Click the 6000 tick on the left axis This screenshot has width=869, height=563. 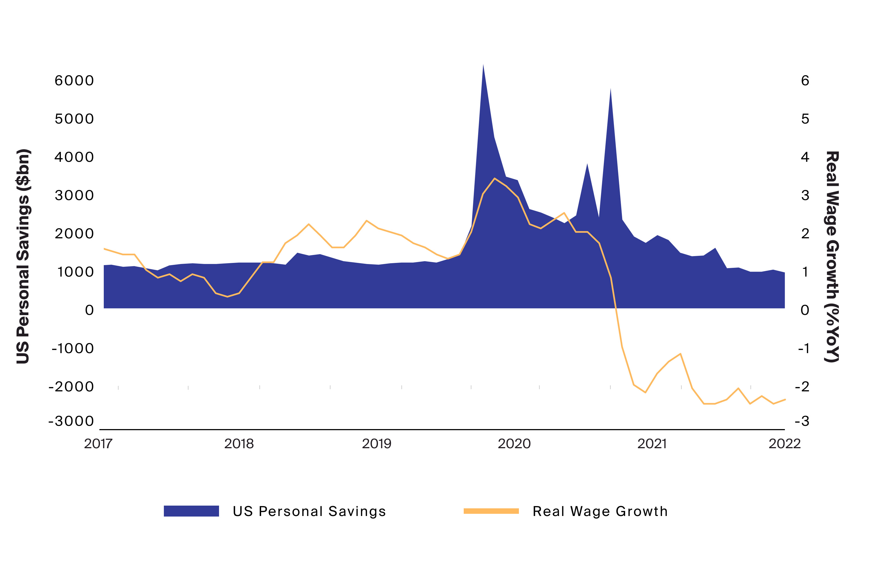[x=74, y=80]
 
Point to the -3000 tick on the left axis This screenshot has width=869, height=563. [x=71, y=421]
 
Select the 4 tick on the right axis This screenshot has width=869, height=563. [x=805, y=157]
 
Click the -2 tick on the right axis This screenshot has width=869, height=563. [x=802, y=386]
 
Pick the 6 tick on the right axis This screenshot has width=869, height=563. [x=805, y=80]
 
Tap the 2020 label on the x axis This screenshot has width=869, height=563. [x=514, y=444]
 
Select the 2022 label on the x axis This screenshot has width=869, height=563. [x=784, y=444]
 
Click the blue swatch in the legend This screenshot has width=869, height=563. [x=191, y=511]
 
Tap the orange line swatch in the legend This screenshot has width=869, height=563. [x=491, y=511]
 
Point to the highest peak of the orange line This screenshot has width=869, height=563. [x=494, y=178]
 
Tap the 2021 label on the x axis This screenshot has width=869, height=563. [x=652, y=444]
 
